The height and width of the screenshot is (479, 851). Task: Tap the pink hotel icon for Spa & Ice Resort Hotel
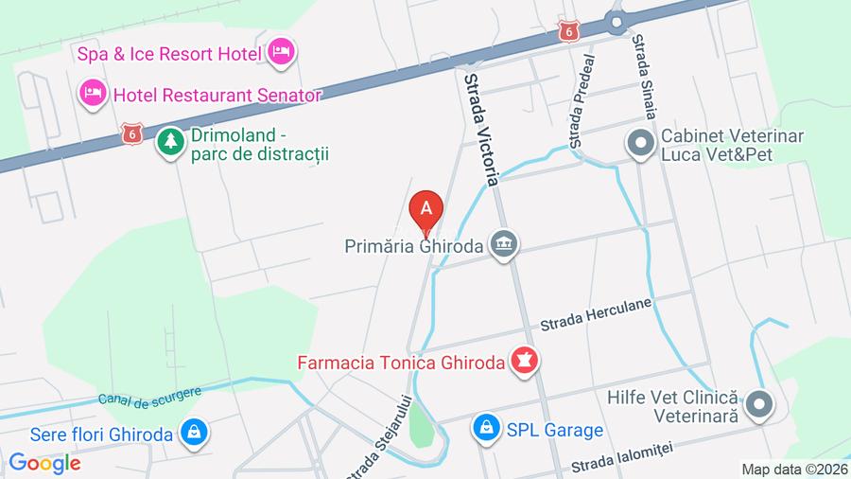(281, 51)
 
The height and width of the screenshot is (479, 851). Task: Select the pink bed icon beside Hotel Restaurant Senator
(92, 93)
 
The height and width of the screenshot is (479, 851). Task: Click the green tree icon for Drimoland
(170, 143)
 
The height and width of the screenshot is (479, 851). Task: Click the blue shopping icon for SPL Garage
(486, 429)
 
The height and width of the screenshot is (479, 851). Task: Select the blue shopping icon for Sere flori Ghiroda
(194, 435)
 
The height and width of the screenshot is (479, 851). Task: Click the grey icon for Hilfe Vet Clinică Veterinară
(758, 406)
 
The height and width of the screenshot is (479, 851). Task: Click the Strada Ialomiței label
(618, 463)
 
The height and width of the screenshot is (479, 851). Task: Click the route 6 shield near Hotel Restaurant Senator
(132, 133)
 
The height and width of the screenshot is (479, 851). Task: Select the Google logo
(44, 463)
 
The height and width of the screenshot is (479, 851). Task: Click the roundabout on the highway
(617, 20)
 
